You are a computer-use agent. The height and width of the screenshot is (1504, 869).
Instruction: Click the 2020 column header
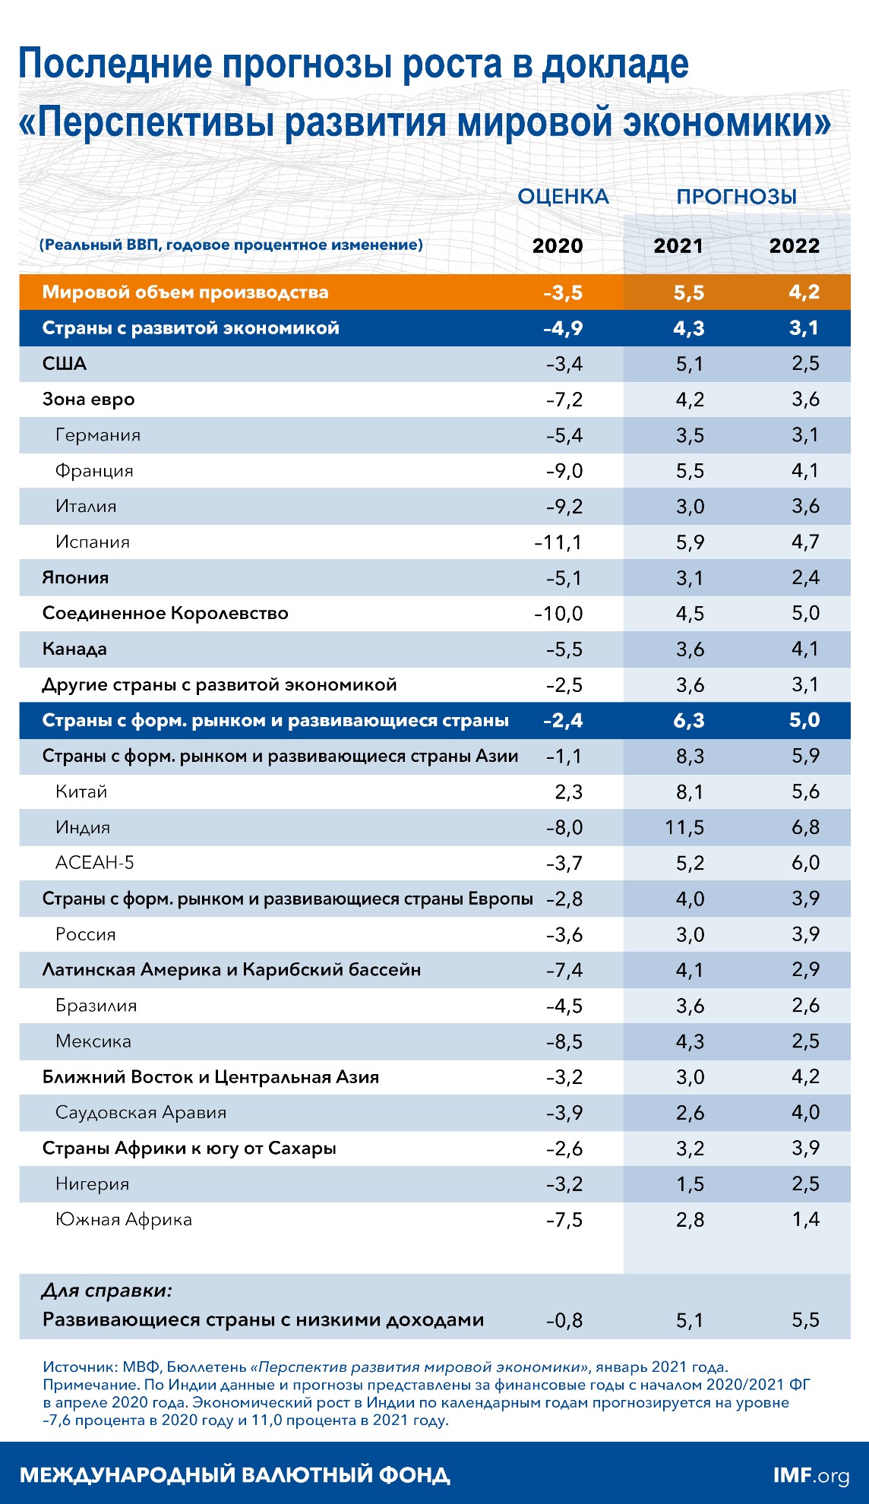pyautogui.click(x=558, y=246)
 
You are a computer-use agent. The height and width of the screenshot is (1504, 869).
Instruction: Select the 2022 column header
pyautogui.click(x=795, y=246)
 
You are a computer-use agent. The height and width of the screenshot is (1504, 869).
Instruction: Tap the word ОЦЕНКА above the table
pyautogui.click(x=563, y=197)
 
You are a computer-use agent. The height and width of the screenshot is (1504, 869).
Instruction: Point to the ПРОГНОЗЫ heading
pyautogui.click(x=736, y=197)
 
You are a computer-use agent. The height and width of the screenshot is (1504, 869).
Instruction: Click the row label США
pyautogui.click(x=65, y=364)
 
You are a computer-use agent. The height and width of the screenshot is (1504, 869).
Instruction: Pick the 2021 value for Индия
pyautogui.click(x=684, y=827)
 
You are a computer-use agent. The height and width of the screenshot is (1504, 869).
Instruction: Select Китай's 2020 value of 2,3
pyautogui.click(x=568, y=792)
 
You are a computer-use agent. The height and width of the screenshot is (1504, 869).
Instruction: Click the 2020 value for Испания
pyautogui.click(x=558, y=542)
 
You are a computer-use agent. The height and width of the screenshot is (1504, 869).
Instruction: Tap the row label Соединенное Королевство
pyautogui.click(x=165, y=613)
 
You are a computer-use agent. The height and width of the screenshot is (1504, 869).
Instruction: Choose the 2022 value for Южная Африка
pyautogui.click(x=805, y=1220)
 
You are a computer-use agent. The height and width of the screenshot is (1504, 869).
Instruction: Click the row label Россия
pyautogui.click(x=85, y=934)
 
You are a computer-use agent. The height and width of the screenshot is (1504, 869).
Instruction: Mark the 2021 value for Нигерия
pyautogui.click(x=690, y=1184)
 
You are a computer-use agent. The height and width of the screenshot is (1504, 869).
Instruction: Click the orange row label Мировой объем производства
pyautogui.click(x=185, y=292)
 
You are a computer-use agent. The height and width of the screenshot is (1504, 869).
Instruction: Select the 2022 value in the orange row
pyautogui.click(x=804, y=292)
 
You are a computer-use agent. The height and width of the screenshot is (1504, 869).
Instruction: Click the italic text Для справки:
pyautogui.click(x=107, y=1291)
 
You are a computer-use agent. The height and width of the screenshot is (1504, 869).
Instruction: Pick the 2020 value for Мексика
pyautogui.click(x=564, y=1041)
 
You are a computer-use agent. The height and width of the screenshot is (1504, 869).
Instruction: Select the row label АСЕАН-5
pyautogui.click(x=94, y=863)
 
